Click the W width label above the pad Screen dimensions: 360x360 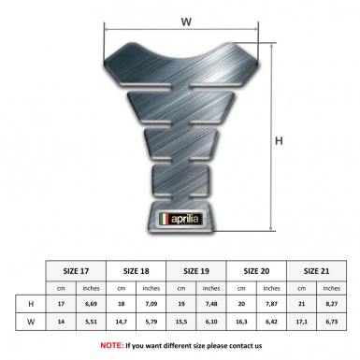click(x=186, y=18)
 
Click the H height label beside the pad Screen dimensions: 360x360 click(x=279, y=141)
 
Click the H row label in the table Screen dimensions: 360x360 click(x=33, y=305)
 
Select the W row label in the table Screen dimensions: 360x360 click(x=33, y=324)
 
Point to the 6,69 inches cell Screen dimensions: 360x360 click(x=92, y=305)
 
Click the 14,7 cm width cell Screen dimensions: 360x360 click(x=122, y=324)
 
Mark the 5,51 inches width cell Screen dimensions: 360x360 click(x=92, y=324)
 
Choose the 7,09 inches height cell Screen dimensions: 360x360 click(x=152, y=305)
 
